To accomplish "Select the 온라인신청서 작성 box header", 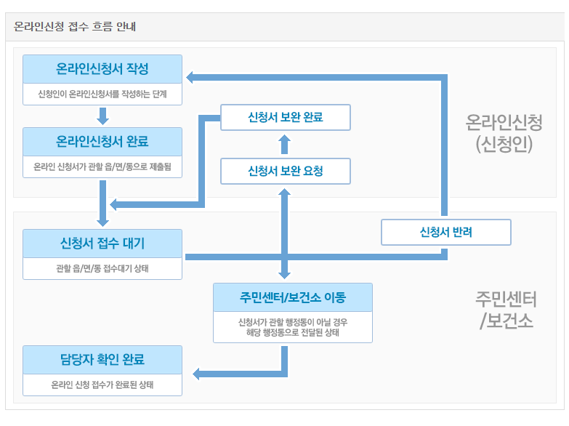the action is pos(102,69).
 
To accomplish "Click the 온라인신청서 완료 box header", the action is pos(102,141).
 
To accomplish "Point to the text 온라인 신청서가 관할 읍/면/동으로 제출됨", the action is pos(102,166).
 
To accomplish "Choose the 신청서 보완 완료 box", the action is pos(285,117).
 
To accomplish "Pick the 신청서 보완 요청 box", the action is pos(285,172).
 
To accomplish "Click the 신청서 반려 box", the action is pos(446,233).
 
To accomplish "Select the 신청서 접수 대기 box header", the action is pos(102,243).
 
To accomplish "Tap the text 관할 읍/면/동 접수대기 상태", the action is pos(102,268).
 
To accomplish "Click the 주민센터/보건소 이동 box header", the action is pos(293,297).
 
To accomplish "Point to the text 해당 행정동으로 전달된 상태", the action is pos(293,333).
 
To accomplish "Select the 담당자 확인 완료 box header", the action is pos(102,359).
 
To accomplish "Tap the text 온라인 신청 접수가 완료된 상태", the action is pos(102,385).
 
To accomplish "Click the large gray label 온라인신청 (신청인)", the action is pos(504,133).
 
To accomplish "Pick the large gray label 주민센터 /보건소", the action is pos(507,310).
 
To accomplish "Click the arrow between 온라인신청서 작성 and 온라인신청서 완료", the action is pos(102,116).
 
